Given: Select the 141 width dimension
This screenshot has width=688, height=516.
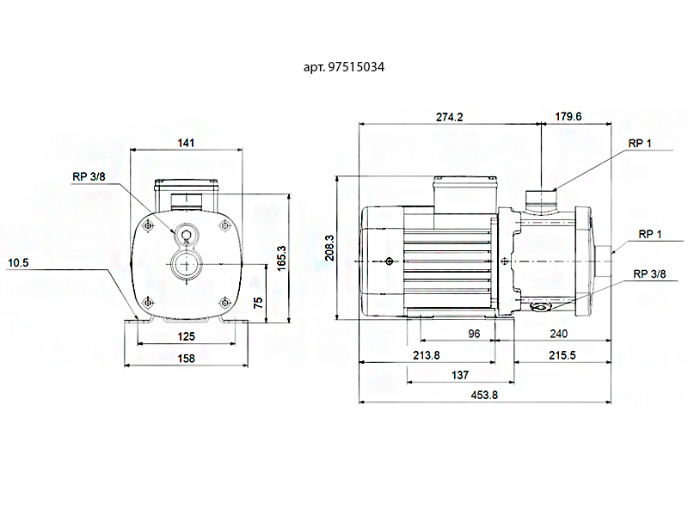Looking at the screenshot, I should [x=186, y=143].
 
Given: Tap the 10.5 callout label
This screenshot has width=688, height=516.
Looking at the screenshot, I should [x=18, y=263].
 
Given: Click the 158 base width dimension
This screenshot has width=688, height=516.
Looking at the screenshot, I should [x=186, y=358].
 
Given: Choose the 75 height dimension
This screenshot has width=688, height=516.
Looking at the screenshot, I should [x=259, y=303].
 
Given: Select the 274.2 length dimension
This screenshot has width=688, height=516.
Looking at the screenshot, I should [x=449, y=117].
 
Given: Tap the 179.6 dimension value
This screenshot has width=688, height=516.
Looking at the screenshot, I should [x=568, y=117].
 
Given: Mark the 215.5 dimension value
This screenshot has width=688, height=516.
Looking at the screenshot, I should [x=561, y=354].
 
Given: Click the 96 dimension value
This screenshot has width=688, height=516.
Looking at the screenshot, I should [x=473, y=334].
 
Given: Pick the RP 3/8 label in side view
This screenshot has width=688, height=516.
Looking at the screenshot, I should [x=649, y=273].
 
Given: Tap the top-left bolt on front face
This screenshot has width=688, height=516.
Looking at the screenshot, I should [x=148, y=225].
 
